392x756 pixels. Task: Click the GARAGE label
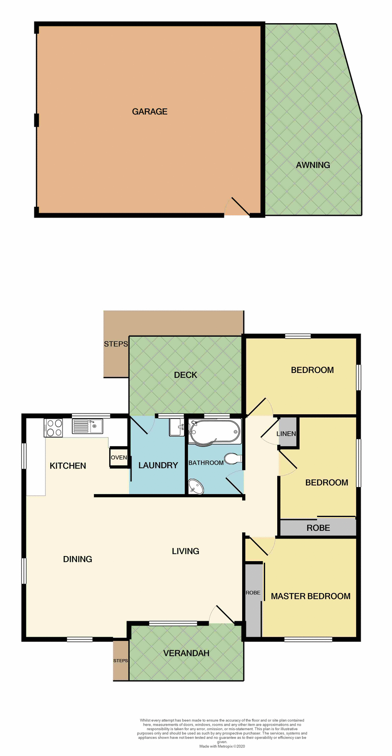click(x=149, y=112)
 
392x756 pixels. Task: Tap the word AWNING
click(x=313, y=165)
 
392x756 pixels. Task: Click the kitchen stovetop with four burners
click(x=53, y=428)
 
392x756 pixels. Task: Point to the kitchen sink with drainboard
click(x=87, y=426)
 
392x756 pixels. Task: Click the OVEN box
click(x=119, y=458)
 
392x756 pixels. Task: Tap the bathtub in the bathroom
click(x=214, y=432)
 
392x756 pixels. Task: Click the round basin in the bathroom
click(x=196, y=486)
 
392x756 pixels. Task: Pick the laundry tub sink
click(x=177, y=427)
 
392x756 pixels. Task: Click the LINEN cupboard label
click(x=286, y=434)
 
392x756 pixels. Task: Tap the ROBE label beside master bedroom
click(x=253, y=593)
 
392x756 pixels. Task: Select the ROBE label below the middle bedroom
click(x=318, y=528)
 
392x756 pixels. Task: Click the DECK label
click(x=185, y=375)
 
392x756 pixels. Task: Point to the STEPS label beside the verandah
click(x=120, y=660)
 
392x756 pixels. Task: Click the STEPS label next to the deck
click(x=116, y=344)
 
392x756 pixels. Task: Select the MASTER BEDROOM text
click(x=310, y=596)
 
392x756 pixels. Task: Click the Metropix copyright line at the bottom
click(x=222, y=746)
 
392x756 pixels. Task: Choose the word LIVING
click(x=185, y=551)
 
